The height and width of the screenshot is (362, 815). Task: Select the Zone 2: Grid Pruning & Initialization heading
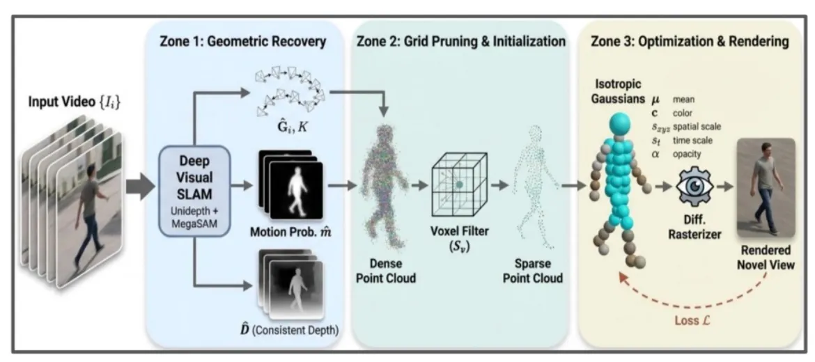[x=460, y=42]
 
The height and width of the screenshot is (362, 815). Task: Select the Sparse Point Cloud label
[x=535, y=271]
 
